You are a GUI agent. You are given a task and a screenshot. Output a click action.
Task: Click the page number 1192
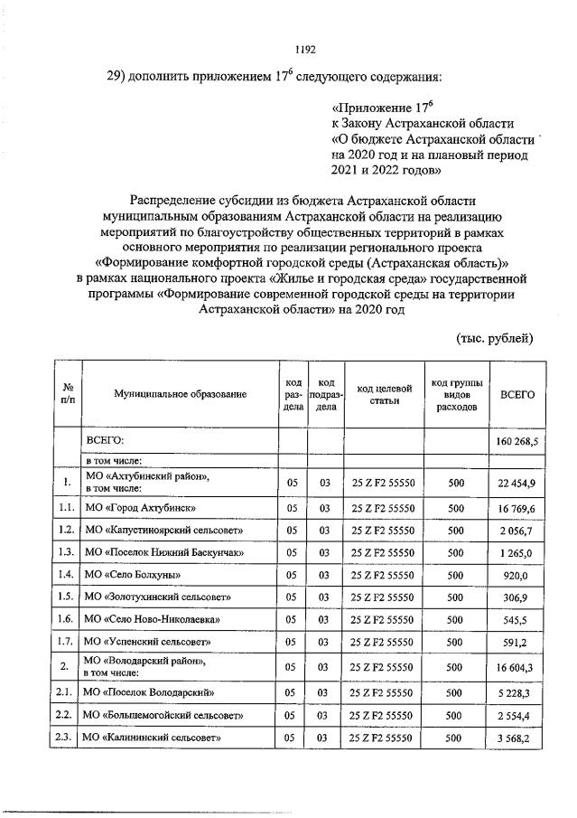click(x=305, y=51)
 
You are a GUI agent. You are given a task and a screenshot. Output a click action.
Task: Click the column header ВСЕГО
click(x=517, y=395)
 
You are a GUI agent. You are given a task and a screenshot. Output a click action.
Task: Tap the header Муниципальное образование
click(x=180, y=395)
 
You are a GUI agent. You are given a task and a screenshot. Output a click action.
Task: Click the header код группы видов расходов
click(x=456, y=395)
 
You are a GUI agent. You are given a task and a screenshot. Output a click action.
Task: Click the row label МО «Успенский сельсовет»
click(x=147, y=642)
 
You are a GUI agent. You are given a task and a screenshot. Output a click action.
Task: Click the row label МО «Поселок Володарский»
click(x=148, y=693)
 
